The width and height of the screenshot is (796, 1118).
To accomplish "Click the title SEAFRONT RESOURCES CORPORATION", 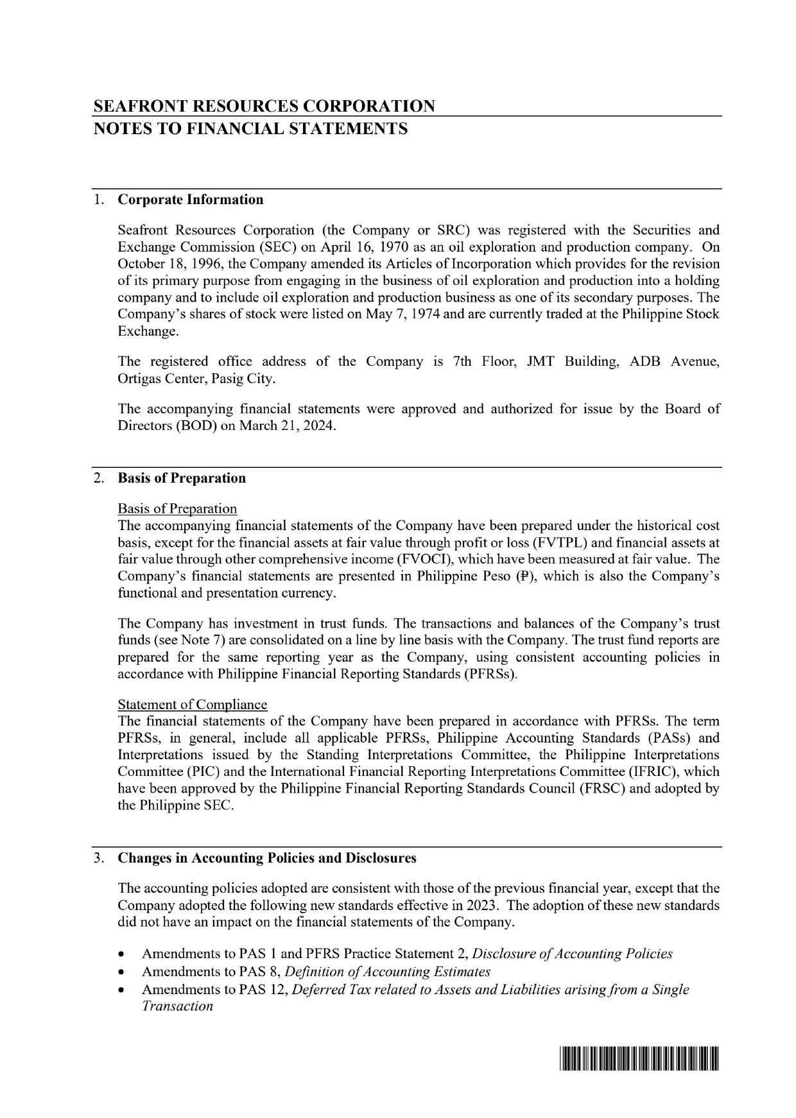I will [264, 106].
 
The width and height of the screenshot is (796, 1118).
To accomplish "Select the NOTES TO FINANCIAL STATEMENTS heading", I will [250, 129].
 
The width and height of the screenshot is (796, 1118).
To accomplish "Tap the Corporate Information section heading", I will [191, 200].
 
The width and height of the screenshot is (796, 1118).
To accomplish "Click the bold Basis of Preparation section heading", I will [182, 478].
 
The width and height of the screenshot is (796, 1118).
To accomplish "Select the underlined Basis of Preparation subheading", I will [177, 509].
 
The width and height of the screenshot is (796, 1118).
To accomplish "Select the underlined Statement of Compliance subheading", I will [192, 705].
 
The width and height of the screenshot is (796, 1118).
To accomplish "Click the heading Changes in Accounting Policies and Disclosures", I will [267, 858].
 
